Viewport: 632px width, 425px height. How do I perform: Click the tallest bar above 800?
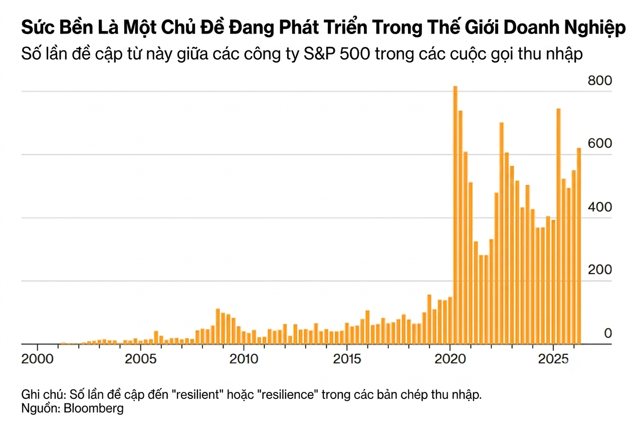[x=455, y=215]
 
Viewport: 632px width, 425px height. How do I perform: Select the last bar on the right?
[x=579, y=246]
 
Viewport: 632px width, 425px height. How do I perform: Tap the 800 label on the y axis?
[x=600, y=81]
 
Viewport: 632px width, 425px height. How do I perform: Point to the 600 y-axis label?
[x=600, y=144]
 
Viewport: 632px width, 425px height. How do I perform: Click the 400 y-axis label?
[x=600, y=207]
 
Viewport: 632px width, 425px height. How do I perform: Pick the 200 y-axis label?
[x=600, y=270]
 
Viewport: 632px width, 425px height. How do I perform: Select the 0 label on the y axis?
[x=608, y=333]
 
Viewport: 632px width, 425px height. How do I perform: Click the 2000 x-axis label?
[x=38, y=359]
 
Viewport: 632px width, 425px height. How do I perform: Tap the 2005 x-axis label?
[x=140, y=359]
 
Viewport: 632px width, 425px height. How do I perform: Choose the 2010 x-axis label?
[x=244, y=359]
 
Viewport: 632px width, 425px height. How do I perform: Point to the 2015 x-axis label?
[x=347, y=359]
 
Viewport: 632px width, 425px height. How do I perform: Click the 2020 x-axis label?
[x=450, y=359]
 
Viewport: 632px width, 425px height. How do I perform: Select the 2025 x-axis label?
[x=553, y=359]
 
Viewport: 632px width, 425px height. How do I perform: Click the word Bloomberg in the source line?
[x=94, y=408]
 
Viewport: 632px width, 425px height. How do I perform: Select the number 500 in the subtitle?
[x=355, y=54]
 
